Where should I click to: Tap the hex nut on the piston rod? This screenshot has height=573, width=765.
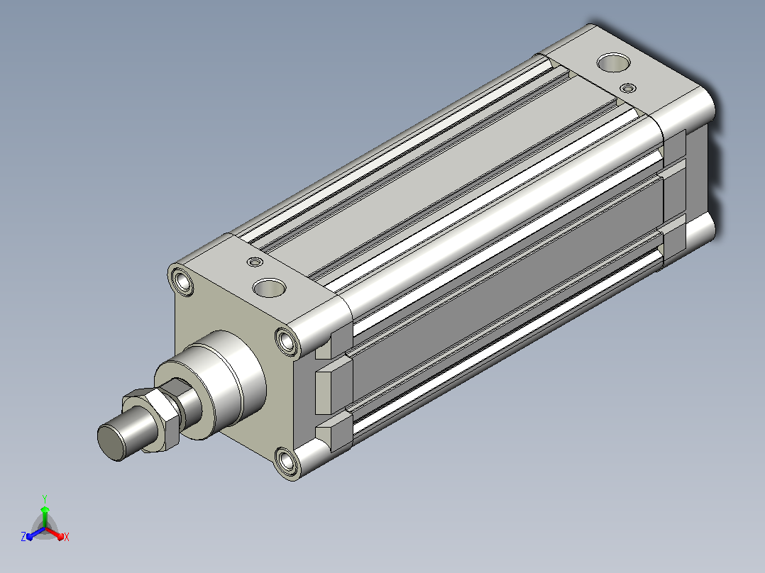tap(152, 419)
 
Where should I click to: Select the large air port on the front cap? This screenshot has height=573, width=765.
tap(270, 288)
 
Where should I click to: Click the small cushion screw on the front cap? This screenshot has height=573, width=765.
tap(255, 262)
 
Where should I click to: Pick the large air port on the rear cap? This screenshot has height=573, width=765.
tap(613, 62)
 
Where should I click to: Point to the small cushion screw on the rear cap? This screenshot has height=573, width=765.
tap(628, 88)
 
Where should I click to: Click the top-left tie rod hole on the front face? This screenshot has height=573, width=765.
tap(183, 282)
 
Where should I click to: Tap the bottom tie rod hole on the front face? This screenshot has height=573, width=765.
tap(286, 460)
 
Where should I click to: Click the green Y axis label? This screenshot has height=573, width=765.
tap(45, 499)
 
